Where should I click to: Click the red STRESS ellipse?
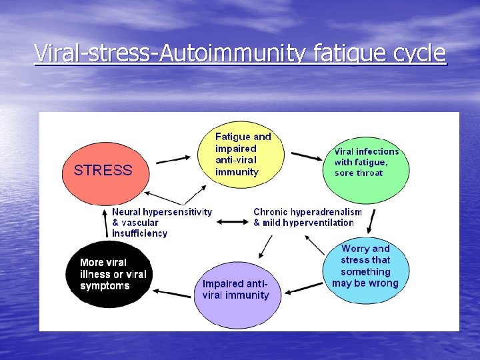103,171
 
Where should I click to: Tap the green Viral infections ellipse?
366,166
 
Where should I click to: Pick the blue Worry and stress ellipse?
365,266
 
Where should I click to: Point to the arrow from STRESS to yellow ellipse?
172,159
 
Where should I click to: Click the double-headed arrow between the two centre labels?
233,221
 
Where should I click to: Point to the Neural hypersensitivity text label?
162,223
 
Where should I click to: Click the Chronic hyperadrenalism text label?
307,217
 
